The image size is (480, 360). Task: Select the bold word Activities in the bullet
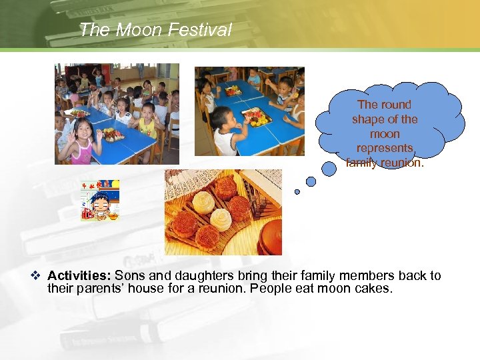pos(79,276)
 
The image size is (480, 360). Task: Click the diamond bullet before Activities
pos(37,276)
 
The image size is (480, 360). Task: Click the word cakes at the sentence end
pos(375,289)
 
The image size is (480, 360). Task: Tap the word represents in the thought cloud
pos(385,148)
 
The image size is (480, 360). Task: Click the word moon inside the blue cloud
pos(385,133)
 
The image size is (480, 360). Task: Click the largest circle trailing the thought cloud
pos(329,169)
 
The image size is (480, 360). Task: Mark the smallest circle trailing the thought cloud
pos(297,192)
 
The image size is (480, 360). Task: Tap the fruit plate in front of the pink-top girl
pos(112,135)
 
